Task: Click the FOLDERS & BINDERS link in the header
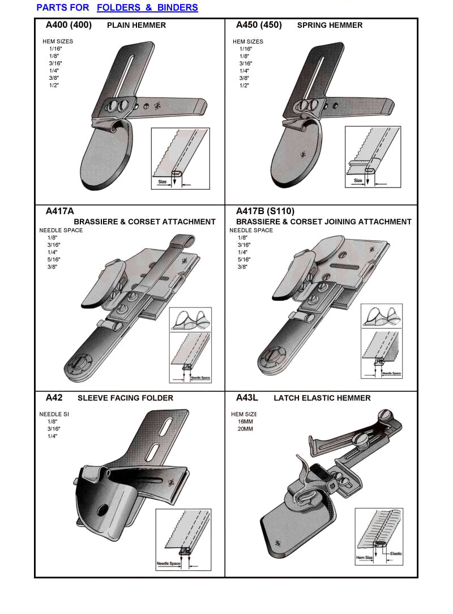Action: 147,8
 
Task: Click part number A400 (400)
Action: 69,25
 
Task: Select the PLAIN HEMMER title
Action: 136,25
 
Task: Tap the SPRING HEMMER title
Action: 330,25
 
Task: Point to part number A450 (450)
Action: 259,25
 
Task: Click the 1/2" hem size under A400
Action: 54,85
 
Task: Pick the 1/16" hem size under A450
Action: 245,49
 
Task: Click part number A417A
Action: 60,211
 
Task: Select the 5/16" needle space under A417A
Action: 54,259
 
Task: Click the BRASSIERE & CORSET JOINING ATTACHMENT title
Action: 323,221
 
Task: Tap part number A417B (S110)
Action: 265,211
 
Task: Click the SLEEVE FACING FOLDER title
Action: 125,398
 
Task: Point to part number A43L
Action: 247,398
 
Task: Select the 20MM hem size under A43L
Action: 245,429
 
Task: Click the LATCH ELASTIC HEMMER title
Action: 322,398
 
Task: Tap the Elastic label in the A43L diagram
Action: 395,553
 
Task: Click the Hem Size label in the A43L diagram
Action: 364,558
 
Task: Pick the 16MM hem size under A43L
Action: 245,421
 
